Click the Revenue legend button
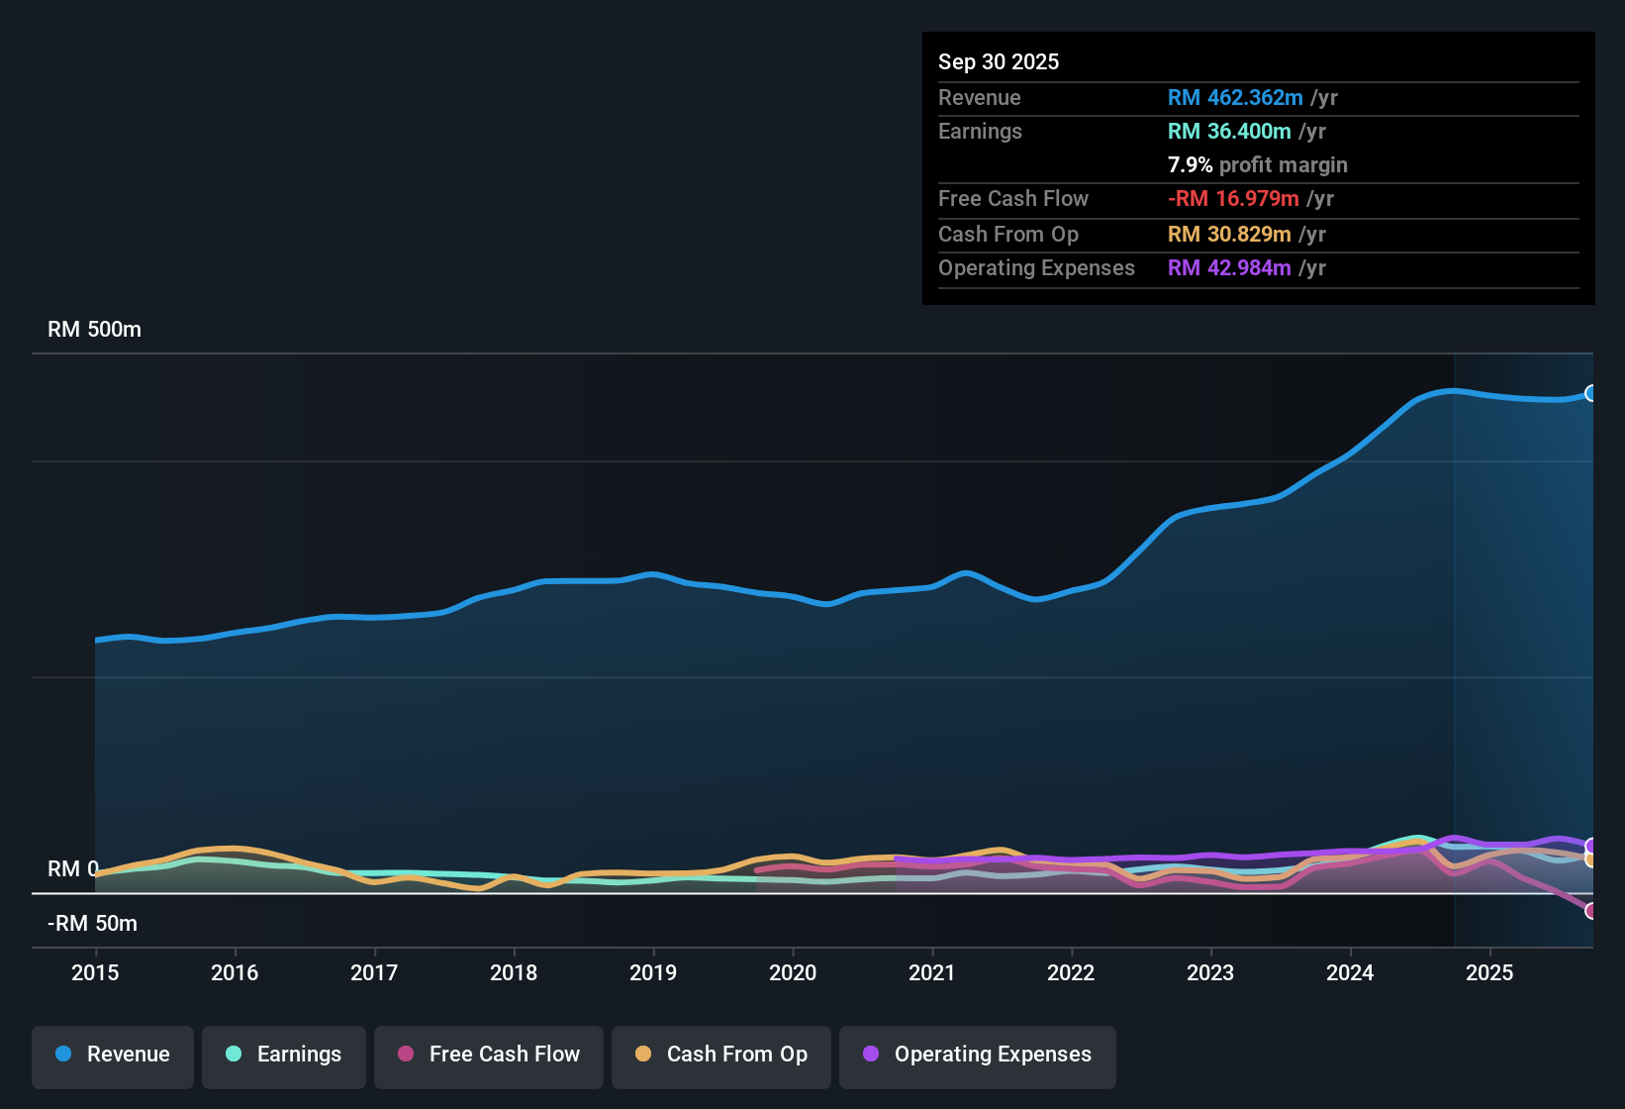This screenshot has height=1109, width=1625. (113, 1055)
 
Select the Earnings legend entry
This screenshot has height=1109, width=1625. (284, 1055)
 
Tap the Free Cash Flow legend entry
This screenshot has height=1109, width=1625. (489, 1055)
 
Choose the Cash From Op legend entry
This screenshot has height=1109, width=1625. (721, 1055)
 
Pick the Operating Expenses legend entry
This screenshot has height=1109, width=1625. (978, 1055)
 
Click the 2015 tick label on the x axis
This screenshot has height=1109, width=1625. (95, 973)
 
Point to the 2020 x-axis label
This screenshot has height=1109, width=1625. (793, 973)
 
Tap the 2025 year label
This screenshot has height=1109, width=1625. (1489, 973)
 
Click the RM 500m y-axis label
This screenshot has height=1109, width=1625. (95, 330)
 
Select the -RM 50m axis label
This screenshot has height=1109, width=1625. (93, 924)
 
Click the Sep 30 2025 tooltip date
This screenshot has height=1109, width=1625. (999, 62)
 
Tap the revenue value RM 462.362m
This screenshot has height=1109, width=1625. (1235, 98)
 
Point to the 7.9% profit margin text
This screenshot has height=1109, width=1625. (1258, 165)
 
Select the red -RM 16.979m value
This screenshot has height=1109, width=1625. (1233, 199)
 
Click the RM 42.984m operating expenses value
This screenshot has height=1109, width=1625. (1229, 268)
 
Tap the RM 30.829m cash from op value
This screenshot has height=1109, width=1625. (1229, 235)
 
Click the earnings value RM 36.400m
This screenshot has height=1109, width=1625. (1229, 132)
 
